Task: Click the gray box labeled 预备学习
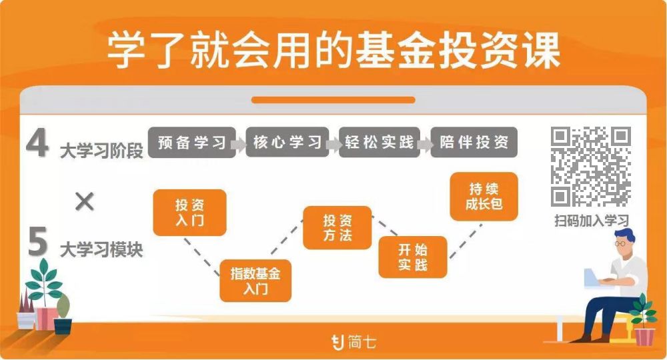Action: pos(192,142)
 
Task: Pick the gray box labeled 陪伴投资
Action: pos(474,142)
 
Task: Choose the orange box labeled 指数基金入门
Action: pos(255,281)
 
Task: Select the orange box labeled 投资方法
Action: pos(337,228)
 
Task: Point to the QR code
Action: pos(590,167)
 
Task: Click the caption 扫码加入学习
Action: pos(591,221)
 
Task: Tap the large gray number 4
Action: pos(37,143)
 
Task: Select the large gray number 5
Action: pos(38,243)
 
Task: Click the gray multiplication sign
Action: pos(84,201)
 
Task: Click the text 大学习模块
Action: pos(101,250)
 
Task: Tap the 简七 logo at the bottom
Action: pos(354,342)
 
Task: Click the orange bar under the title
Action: pos(333,100)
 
